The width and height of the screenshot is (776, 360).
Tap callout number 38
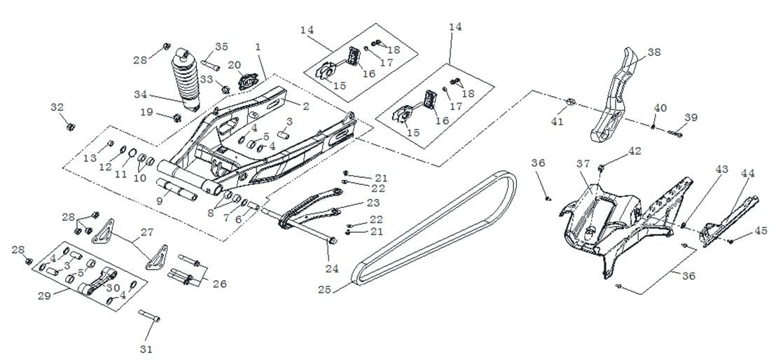[653, 52]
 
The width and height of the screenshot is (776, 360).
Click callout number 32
[57, 107]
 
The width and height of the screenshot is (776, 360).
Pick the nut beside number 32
[71, 127]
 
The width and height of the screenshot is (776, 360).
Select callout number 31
[147, 348]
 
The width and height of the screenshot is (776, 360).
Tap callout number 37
[583, 163]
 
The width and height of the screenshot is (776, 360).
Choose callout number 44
[747, 173]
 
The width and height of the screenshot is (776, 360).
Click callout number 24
[332, 268]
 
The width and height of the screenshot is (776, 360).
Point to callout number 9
[160, 200]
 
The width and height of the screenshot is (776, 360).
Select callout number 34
[141, 93]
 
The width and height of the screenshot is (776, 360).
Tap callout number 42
[635, 151]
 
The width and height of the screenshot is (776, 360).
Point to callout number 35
[221, 46]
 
